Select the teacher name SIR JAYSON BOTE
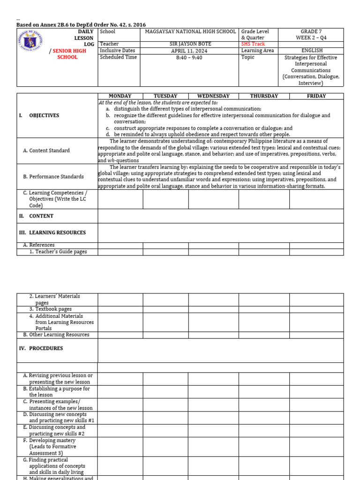pos(189,44)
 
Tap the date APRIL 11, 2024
pos(189,51)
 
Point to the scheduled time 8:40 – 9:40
pos(189,57)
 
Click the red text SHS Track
pos(253,44)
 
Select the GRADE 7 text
pos(311,31)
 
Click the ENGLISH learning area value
pos(311,51)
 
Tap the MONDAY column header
pos(120,96)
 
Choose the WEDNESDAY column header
pos(213,96)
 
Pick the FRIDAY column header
pos(316,96)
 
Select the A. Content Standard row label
pos(46,150)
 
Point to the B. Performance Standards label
pos(53,177)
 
